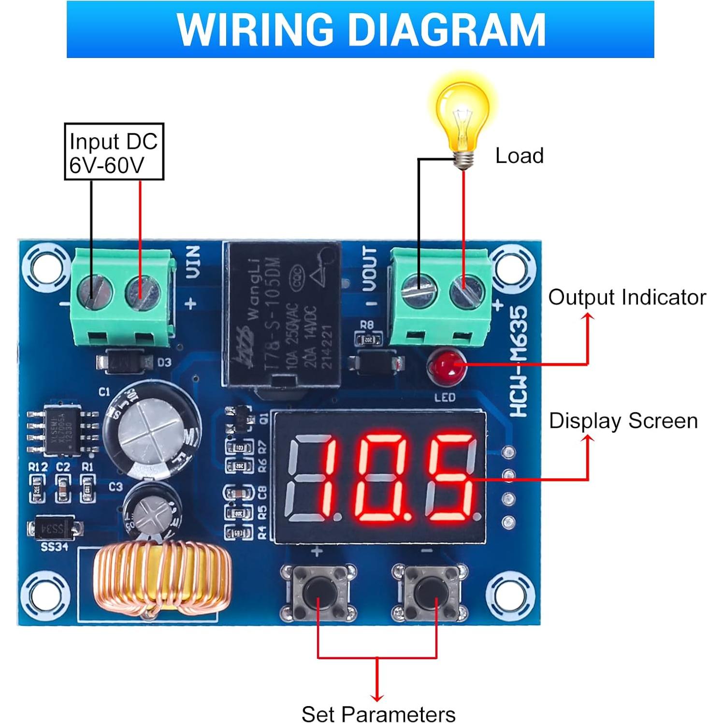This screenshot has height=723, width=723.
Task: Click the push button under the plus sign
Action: (318, 592)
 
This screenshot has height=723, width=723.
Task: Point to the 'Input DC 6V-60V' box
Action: (114, 152)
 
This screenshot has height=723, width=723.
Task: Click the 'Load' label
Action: (520, 156)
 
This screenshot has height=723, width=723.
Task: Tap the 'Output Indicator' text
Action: (627, 297)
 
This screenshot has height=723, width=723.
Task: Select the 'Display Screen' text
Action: (623, 421)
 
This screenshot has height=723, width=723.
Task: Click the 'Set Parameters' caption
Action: (378, 714)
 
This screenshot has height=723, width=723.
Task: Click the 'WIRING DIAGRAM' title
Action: (361, 29)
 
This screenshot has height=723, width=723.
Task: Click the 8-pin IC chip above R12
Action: (62, 431)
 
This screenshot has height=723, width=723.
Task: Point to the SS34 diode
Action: (54, 529)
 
